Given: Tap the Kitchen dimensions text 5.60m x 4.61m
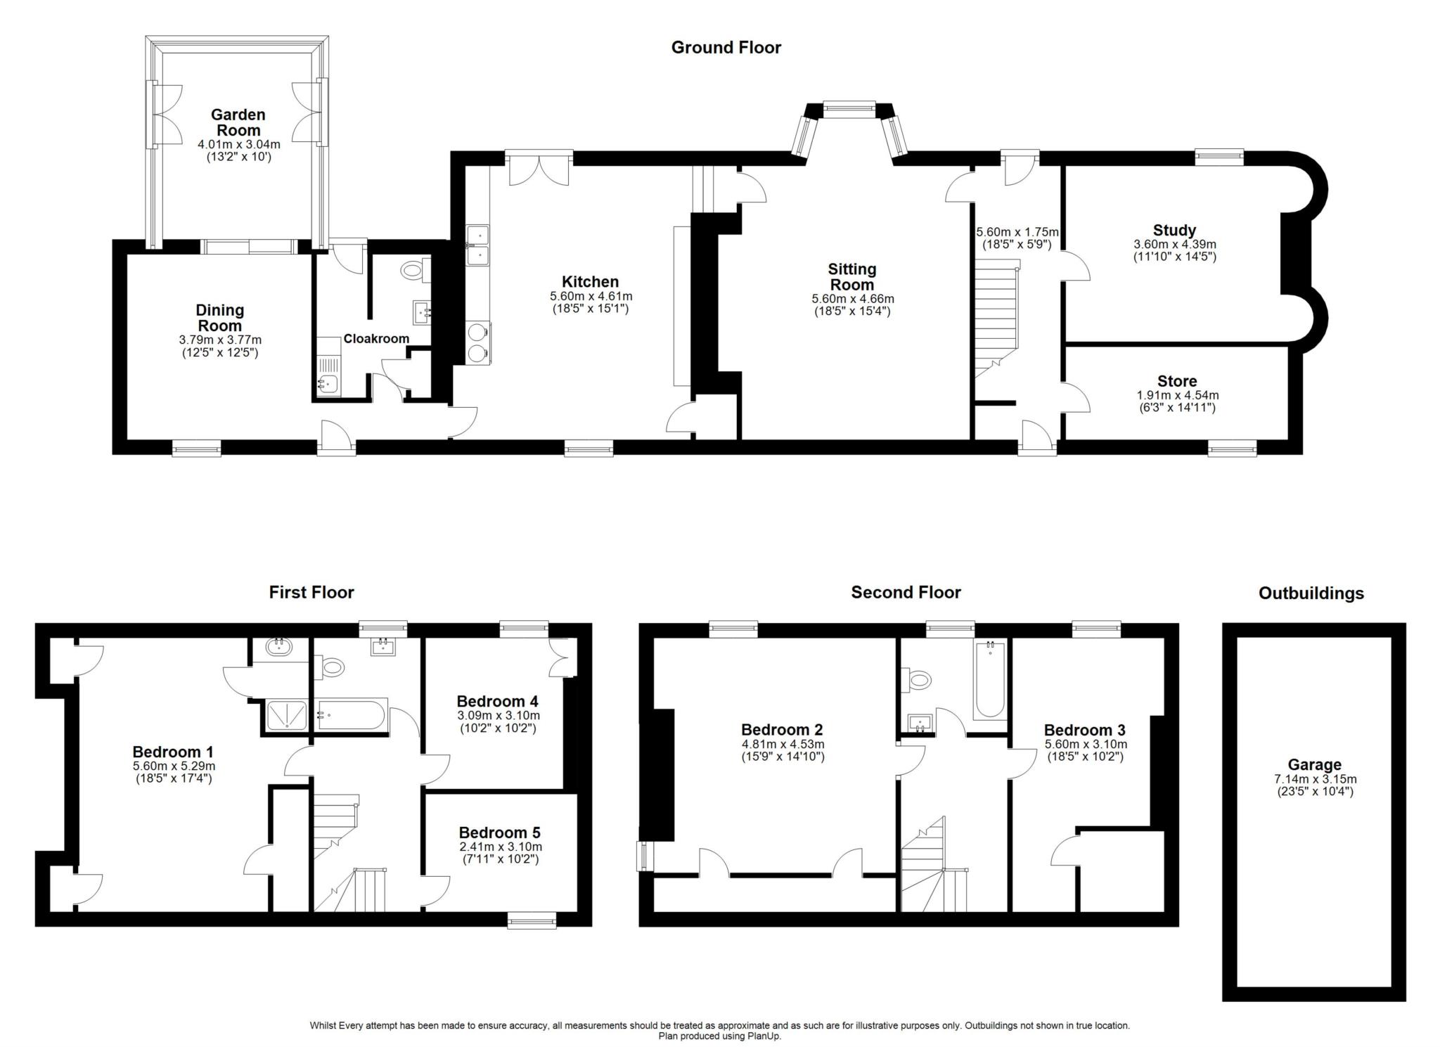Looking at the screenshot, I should point(591,297).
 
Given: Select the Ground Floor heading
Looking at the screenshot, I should point(726,47).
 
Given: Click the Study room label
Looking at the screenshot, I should point(1174,230).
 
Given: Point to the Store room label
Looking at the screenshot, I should point(1177,381).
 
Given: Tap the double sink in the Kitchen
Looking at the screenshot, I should point(477,245).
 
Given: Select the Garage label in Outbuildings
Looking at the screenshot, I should point(1314,764).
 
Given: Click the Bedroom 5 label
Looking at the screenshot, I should point(499,833).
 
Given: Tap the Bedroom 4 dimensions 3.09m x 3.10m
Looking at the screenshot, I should point(498,715).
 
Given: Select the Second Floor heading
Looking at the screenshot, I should point(906,592).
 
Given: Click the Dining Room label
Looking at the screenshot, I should point(220,318).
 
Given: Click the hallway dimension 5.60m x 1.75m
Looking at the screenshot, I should point(1017,232).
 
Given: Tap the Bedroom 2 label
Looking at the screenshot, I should point(781,730).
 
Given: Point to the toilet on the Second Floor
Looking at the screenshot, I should point(918,679).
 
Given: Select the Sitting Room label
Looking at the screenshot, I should point(851,276).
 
